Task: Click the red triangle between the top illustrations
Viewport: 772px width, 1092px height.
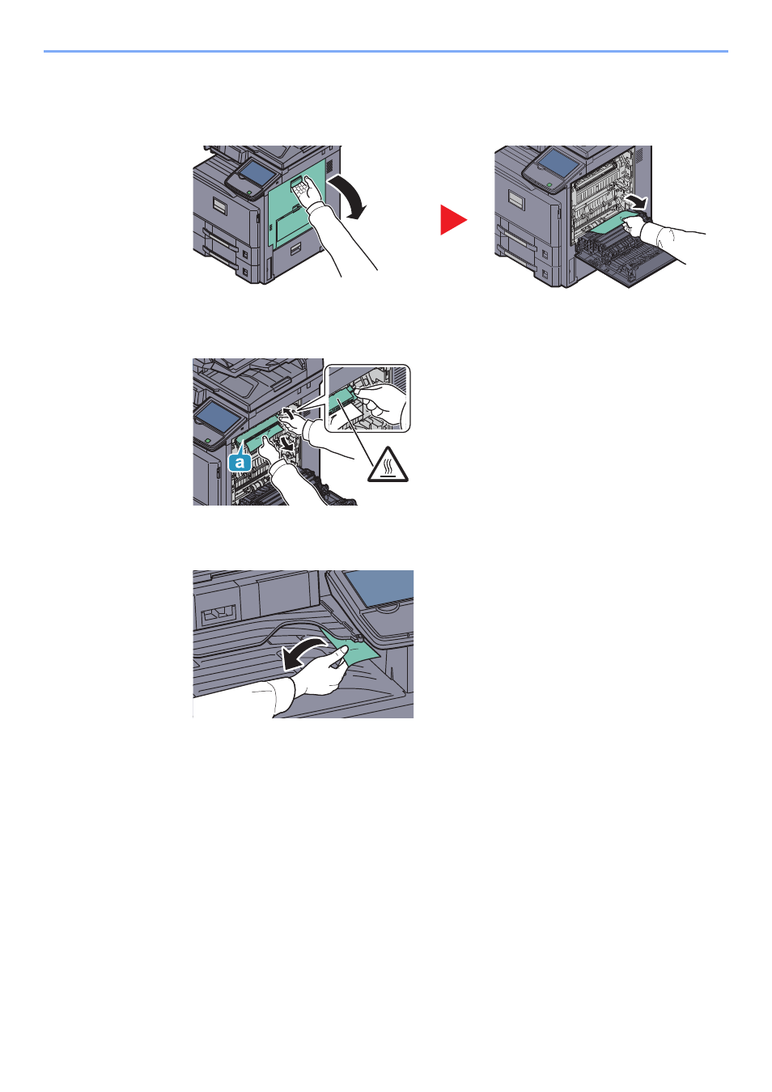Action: tap(452, 219)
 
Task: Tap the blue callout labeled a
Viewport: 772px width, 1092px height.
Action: tap(240, 460)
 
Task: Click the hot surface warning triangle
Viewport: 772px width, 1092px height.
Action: tap(388, 465)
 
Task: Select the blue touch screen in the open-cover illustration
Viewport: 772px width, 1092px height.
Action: tap(557, 163)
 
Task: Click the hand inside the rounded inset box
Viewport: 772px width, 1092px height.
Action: tap(383, 404)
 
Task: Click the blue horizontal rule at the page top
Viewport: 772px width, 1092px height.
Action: tap(386, 51)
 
